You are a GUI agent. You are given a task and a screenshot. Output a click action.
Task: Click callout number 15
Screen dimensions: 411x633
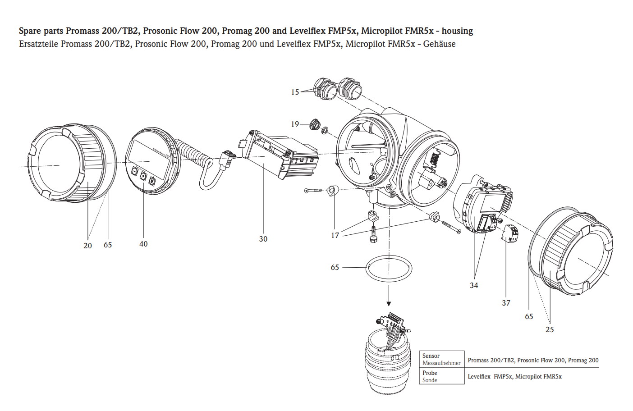tap(295, 92)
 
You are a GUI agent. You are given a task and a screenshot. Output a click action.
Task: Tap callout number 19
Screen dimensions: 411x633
tap(295, 124)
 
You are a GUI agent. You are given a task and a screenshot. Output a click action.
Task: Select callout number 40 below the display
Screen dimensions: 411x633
tap(143, 244)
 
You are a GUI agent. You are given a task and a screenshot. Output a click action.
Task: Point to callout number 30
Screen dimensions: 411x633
tap(263, 239)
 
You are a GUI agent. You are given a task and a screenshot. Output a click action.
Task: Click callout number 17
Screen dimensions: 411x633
tap(335, 235)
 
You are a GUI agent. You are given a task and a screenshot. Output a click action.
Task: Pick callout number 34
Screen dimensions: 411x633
tap(474, 285)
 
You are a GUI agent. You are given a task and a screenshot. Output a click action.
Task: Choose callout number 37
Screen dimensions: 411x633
tap(506, 303)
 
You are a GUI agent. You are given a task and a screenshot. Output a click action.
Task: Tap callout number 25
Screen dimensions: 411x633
tap(550, 329)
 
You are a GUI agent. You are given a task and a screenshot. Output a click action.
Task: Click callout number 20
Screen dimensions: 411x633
tap(87, 246)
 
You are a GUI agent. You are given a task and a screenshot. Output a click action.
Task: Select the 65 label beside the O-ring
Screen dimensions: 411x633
tap(335, 267)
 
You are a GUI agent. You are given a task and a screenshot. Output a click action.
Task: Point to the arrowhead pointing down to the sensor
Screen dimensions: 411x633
tap(389, 304)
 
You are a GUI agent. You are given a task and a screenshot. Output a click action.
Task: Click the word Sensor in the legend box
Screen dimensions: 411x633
tap(431, 356)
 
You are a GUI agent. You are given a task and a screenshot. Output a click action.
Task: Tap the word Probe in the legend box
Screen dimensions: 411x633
tap(430, 373)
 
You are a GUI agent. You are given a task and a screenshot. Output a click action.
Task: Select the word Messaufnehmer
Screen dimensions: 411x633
tap(441, 363)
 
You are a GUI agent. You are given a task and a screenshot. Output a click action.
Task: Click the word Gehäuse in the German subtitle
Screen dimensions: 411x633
tap(439, 44)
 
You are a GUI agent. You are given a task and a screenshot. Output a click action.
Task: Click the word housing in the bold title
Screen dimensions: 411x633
tap(457, 31)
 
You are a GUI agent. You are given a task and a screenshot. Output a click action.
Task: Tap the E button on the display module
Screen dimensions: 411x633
tap(152, 181)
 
